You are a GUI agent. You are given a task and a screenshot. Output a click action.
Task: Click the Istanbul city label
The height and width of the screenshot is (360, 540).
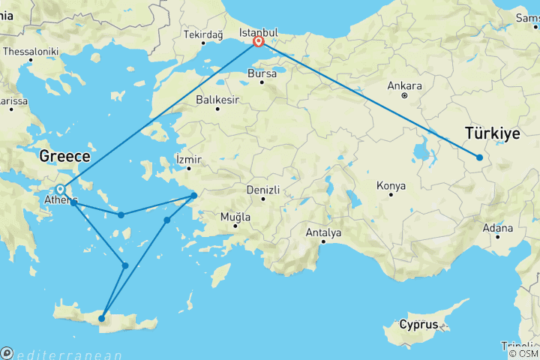pyautogui.click(x=258, y=33)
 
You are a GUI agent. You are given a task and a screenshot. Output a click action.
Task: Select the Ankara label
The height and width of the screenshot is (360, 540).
pyautogui.click(x=406, y=85)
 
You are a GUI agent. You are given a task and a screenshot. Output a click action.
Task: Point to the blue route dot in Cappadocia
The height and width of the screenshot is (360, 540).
pyautogui.click(x=479, y=157)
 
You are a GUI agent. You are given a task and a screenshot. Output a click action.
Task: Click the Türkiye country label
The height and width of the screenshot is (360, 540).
pyautogui.click(x=493, y=133)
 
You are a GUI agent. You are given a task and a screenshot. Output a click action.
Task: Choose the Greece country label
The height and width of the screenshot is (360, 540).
pyautogui.click(x=64, y=157)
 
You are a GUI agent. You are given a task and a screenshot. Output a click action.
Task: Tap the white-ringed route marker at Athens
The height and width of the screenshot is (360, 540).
pyautogui.click(x=60, y=189)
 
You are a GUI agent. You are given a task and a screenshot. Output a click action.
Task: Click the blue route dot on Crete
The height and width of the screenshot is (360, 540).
pyautogui.click(x=101, y=319)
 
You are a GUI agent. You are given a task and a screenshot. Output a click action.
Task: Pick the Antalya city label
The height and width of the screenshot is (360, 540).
pyautogui.click(x=323, y=232)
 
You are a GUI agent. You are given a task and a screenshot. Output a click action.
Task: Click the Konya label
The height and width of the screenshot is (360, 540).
pyautogui.click(x=391, y=185)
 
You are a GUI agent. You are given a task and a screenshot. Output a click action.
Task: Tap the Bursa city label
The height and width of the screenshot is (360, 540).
pyautogui.click(x=262, y=74)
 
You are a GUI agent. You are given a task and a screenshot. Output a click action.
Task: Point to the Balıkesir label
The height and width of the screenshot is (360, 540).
pyautogui.click(x=217, y=100)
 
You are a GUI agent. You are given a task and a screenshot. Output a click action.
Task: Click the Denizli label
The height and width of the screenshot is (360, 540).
pyautogui.click(x=263, y=190)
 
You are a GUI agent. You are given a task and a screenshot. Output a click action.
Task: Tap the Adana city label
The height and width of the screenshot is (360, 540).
pyautogui.click(x=498, y=227)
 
